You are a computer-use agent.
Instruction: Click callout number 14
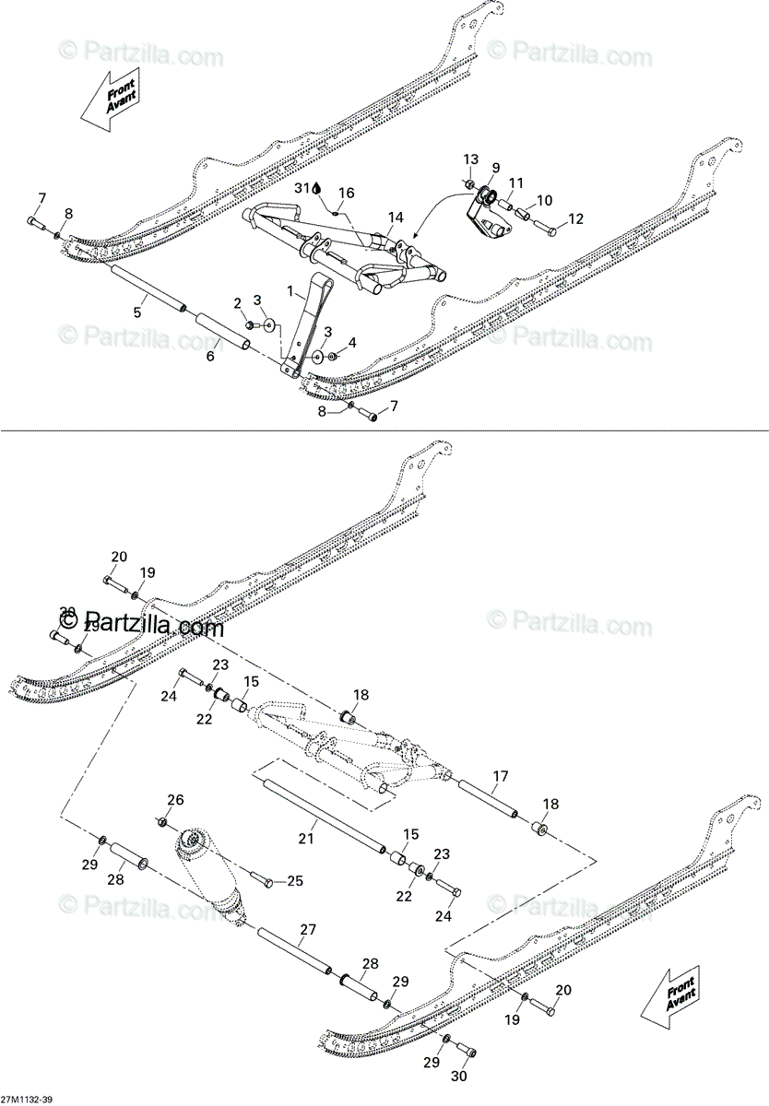tap(396, 218)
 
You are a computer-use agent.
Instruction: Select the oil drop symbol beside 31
tap(317, 188)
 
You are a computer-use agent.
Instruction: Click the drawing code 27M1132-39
tap(27, 1099)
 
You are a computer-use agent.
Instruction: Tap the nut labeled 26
tap(162, 821)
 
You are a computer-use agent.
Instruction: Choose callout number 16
tap(347, 194)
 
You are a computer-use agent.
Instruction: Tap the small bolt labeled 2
tap(250, 324)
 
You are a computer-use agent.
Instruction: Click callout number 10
tap(544, 200)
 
